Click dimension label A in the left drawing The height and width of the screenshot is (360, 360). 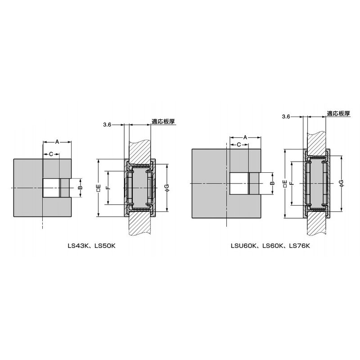coord(57,142)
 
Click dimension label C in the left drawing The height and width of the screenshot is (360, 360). coord(51,154)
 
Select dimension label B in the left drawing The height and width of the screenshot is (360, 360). coord(80,188)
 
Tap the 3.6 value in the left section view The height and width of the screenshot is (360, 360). coord(107,125)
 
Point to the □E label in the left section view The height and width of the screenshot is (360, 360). coord(99,188)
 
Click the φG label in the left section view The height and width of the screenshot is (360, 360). coord(167,188)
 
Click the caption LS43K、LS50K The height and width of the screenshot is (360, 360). coord(92,246)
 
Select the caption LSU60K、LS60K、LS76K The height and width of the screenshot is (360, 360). coord(270,246)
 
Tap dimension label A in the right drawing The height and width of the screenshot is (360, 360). coord(245,137)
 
